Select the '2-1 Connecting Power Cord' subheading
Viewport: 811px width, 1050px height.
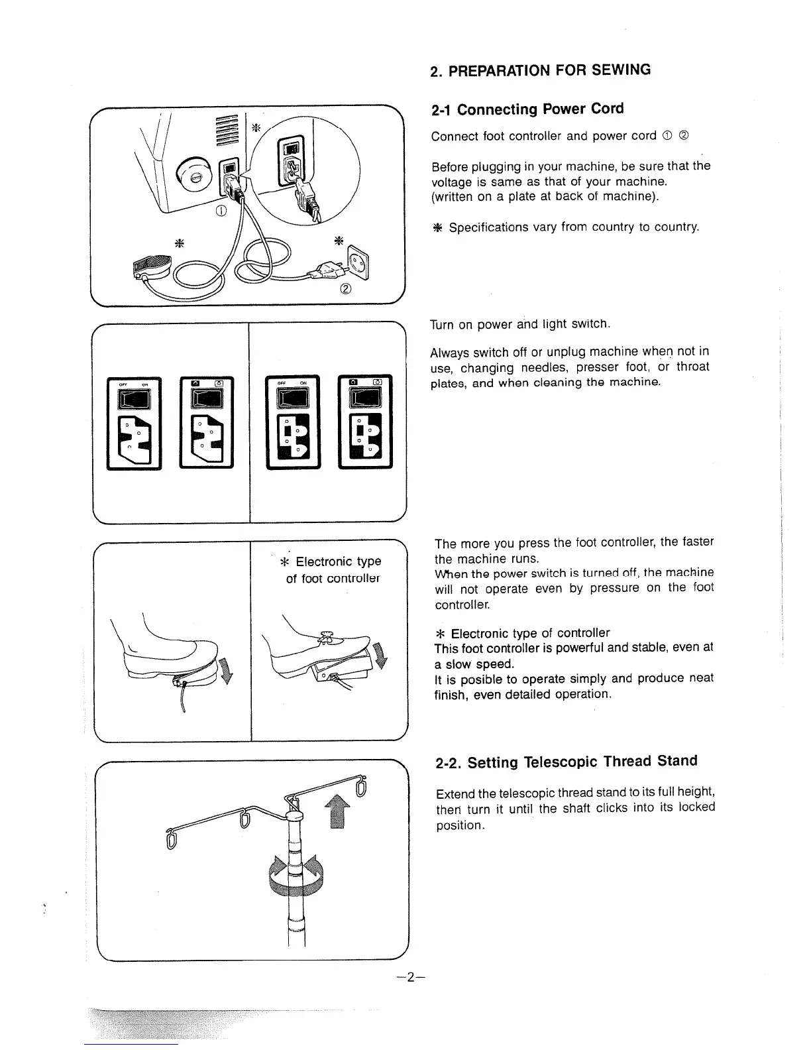point(527,109)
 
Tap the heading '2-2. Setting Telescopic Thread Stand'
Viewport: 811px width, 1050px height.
point(566,762)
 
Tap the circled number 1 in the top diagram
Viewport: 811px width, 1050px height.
point(221,211)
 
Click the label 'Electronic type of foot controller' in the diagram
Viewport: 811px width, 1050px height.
point(333,570)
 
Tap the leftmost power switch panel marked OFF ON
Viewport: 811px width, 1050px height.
point(135,423)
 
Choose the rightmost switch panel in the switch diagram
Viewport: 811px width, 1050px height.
point(365,422)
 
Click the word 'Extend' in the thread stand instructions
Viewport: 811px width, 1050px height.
point(455,794)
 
